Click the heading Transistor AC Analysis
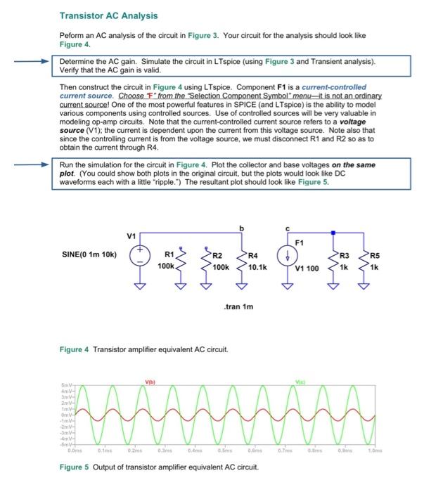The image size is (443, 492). pos(108,15)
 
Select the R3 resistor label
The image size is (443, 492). pos(344,255)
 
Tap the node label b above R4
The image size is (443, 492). pos(244,228)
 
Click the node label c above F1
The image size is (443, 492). pos(288,228)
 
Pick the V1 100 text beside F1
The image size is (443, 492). pos(307,268)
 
